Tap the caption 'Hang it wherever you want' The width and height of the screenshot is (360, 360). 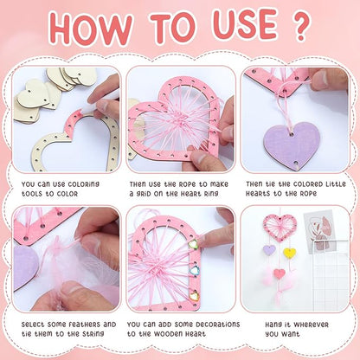pos(293,330)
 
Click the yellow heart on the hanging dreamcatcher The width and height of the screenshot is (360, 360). pos(289,254)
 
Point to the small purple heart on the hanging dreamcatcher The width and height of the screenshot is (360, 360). pos(270,250)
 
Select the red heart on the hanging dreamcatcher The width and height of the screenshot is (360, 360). pos(280,273)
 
